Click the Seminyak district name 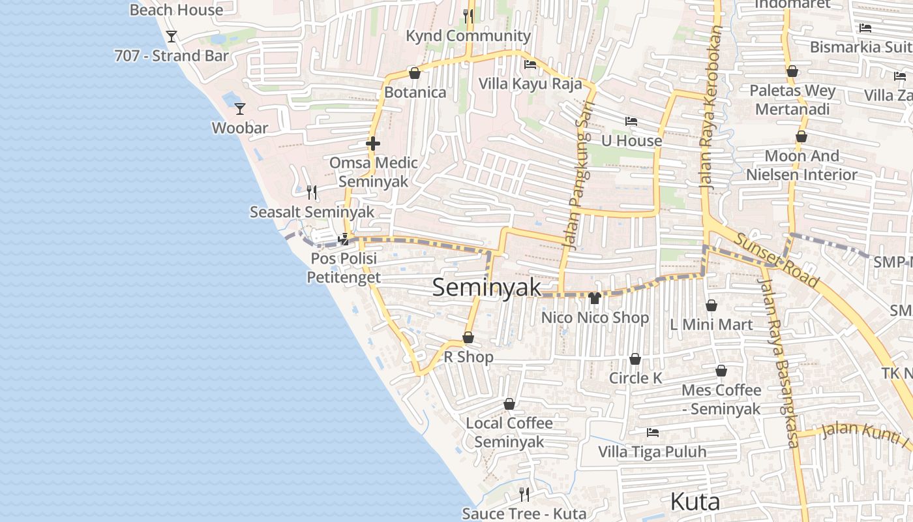coord(486,288)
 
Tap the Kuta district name coord(695,502)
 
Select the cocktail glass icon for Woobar coord(240,108)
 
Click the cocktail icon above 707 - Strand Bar coord(172,37)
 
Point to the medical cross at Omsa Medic coord(373,144)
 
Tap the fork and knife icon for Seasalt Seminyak coord(312,192)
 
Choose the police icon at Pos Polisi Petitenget coord(343,239)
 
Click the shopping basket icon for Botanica coord(414,73)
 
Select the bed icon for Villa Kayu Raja coord(530,65)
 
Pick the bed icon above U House coord(631,121)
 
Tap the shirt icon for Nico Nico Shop coord(594,299)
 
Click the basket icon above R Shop coord(468,338)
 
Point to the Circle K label coord(635,378)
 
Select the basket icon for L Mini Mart coord(711,305)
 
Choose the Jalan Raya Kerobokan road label coord(711,108)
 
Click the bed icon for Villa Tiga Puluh coord(652,433)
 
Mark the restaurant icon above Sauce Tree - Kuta coord(524,494)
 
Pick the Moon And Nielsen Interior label coord(801,165)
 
